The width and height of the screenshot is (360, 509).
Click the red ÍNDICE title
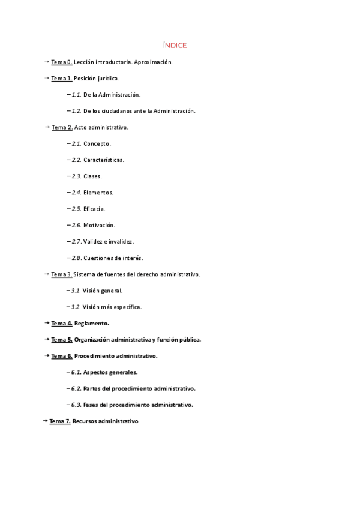click(x=175, y=46)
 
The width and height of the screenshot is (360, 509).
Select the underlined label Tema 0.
click(x=62, y=62)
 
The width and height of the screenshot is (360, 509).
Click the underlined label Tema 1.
click(x=62, y=79)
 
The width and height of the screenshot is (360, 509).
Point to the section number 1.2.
click(x=76, y=111)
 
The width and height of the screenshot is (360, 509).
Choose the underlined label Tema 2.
click(x=62, y=127)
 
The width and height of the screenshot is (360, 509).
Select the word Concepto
click(x=97, y=144)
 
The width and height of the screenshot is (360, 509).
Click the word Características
click(x=104, y=160)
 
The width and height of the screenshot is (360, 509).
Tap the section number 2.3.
click(x=76, y=176)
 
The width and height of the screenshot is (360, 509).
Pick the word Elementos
click(x=98, y=193)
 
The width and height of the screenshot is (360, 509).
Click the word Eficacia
click(x=94, y=209)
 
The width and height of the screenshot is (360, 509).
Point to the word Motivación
click(x=100, y=225)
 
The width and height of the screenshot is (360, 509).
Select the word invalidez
click(x=121, y=242)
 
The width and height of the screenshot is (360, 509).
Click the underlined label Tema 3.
click(x=62, y=274)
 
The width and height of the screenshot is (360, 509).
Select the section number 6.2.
click(x=76, y=388)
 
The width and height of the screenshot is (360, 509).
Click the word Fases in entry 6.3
click(x=92, y=405)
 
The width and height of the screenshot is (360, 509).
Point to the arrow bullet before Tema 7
click(x=45, y=421)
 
